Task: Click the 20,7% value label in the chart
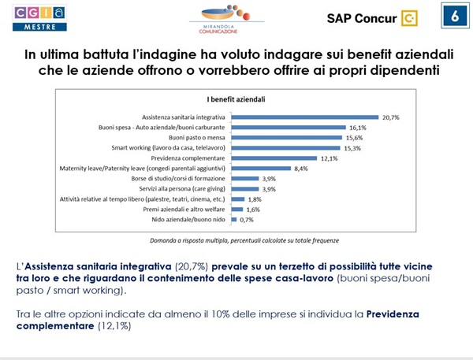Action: click(390, 117)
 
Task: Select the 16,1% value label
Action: click(359, 127)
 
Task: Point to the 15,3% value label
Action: click(354, 147)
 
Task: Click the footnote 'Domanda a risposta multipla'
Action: click(185, 239)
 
